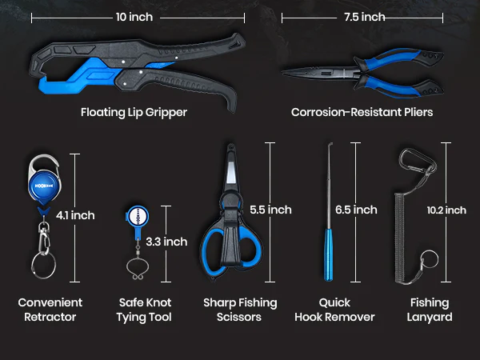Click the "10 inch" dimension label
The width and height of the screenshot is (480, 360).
pos(134,17)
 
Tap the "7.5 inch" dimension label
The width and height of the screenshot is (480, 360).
pos(364,17)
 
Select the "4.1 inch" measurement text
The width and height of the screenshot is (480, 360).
pos(75,215)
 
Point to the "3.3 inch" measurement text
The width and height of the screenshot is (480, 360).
pos(166,242)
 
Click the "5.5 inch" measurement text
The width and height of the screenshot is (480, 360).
pos(270,210)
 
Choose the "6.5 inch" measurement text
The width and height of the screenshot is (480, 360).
pos(356,210)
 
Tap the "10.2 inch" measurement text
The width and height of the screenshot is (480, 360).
pos(446,210)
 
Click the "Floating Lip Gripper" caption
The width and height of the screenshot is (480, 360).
pos(134,112)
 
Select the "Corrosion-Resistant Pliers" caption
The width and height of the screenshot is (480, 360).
pos(362,112)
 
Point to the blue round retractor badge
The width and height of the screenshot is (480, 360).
pos(44,186)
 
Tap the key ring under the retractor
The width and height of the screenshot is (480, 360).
pos(43,265)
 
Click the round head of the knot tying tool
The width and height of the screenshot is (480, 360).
pos(138,217)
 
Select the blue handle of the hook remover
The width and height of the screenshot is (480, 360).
pos(328,254)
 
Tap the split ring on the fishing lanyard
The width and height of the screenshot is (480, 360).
pos(430,259)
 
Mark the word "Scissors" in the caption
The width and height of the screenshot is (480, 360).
pos(238,317)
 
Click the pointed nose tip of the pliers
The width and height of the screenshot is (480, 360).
pos(283,72)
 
